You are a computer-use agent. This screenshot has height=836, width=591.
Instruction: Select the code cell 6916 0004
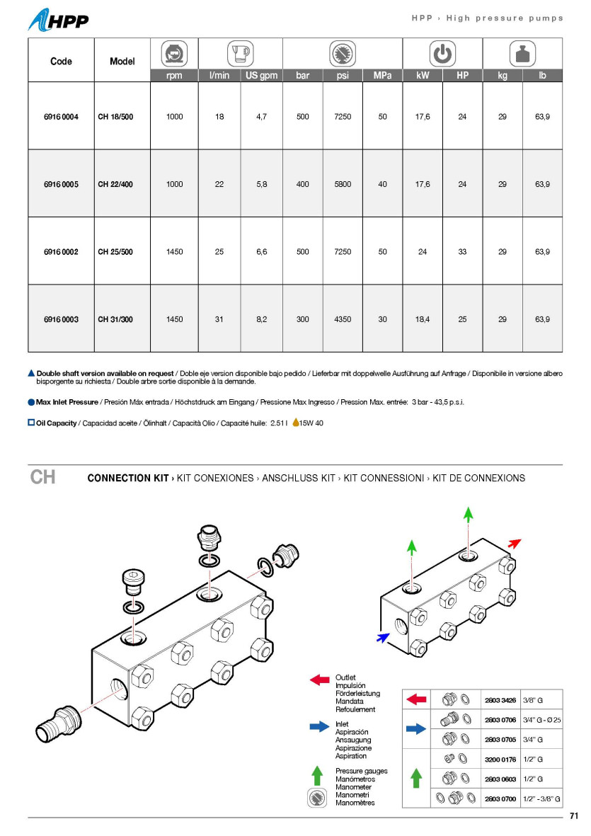[x=61, y=117]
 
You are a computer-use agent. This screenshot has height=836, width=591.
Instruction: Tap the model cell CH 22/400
[x=115, y=185]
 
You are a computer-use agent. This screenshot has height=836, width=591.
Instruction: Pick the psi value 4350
[x=343, y=319]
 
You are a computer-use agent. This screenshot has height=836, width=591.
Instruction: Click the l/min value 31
[x=219, y=319]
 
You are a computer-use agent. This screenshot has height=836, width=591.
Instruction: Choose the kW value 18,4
[x=423, y=319]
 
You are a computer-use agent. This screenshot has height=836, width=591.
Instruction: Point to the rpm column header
[x=174, y=75]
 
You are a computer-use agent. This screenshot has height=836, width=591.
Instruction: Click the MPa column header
[x=382, y=75]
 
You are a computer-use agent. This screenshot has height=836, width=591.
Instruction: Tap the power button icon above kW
[x=442, y=54]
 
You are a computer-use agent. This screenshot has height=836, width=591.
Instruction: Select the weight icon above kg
[x=522, y=54]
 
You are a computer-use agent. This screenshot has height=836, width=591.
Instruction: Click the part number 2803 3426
[x=500, y=699]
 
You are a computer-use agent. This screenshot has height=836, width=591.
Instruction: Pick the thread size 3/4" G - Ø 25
[x=541, y=720]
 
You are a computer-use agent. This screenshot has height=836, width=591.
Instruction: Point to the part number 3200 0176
[x=500, y=759]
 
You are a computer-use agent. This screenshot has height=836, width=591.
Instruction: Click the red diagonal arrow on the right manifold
[x=515, y=543]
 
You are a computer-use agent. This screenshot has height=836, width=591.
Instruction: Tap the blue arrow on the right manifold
[x=383, y=637]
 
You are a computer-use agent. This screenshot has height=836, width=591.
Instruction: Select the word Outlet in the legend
[x=345, y=677]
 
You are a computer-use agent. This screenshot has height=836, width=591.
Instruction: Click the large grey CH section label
[x=42, y=477]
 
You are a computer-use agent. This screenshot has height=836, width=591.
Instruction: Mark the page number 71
[x=574, y=816]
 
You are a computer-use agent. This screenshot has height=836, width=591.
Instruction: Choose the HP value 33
[x=462, y=252]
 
